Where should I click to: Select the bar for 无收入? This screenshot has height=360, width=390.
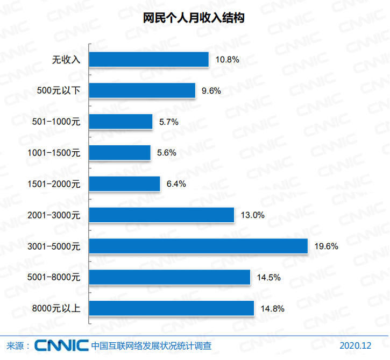[148, 59]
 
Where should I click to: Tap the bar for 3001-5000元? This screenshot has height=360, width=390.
[198, 246]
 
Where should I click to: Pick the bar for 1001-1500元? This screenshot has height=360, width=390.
[119, 153]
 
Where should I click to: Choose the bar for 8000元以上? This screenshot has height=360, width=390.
[171, 308]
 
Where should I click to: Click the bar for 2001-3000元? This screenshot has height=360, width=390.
[161, 215]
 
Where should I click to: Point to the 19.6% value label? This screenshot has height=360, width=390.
[326, 246]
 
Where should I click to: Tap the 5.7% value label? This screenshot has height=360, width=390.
[168, 122]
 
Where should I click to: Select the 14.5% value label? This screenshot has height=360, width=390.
[268, 278]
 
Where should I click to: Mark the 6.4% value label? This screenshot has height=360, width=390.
[176, 184]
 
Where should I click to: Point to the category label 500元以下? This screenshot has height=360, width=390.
[59, 90]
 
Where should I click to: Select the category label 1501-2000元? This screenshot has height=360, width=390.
[53, 184]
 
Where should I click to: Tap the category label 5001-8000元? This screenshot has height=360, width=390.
[53, 278]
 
